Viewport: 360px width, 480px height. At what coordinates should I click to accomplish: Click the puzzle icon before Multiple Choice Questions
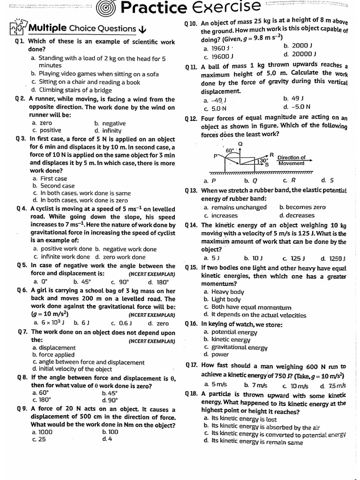click(x=18, y=27)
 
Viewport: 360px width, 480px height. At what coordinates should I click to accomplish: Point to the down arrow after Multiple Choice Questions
click(x=143, y=30)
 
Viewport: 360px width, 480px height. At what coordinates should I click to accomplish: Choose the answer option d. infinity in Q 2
click(x=108, y=131)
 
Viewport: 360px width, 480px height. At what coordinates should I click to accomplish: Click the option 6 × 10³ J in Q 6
click(x=49, y=323)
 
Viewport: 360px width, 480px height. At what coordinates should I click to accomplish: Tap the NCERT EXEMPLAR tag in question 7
click(x=151, y=341)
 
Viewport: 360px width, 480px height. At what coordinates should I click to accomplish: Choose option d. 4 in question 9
click(x=107, y=439)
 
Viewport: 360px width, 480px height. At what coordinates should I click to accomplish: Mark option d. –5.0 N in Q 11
click(x=297, y=107)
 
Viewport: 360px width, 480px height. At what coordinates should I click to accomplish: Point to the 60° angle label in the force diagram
click(x=230, y=150)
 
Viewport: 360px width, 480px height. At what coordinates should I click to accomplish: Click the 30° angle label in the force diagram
click(x=263, y=161)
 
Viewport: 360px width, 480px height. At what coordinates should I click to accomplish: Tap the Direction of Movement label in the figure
click(x=291, y=160)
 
